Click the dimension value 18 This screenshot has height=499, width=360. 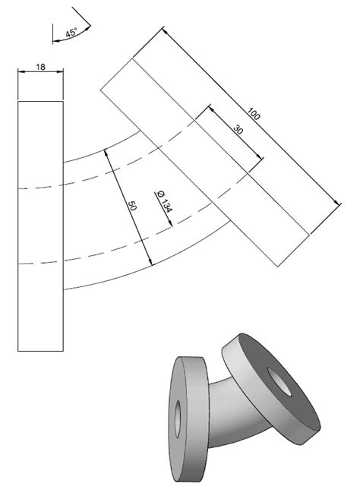click(x=40, y=68)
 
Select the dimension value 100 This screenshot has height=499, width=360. click(x=254, y=115)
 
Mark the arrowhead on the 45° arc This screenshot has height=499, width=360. click(x=90, y=27)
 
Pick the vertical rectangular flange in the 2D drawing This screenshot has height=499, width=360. click(x=40, y=224)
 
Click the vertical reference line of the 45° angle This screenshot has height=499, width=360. click(x=52, y=30)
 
